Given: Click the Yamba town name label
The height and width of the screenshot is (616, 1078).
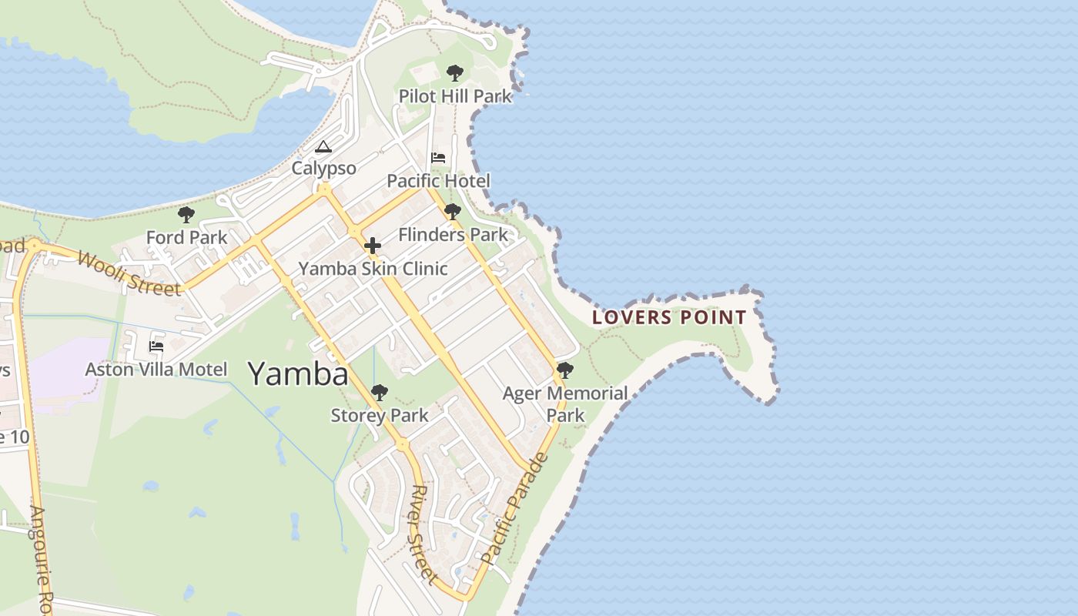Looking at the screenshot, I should (x=298, y=374).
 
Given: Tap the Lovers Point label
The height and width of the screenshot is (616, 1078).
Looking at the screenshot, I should (x=669, y=317).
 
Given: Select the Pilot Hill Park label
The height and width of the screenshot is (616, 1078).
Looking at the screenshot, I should (x=455, y=96).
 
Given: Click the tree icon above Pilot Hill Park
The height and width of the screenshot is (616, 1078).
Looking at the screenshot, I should (x=455, y=73).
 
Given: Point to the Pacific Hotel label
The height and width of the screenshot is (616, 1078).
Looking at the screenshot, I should (x=438, y=181).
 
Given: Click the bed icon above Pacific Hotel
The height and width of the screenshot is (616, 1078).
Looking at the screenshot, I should (x=438, y=158).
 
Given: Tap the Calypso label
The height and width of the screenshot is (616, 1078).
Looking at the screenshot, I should (x=323, y=168).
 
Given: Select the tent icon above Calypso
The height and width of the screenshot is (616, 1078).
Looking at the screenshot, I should (x=323, y=146).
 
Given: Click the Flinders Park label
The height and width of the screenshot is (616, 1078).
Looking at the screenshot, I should (x=453, y=234).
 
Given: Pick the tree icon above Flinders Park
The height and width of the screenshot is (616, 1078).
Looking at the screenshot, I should (x=453, y=212).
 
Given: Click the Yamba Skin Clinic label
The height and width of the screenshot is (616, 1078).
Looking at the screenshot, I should (x=373, y=269).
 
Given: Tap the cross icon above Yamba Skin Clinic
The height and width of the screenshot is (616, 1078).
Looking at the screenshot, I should (x=373, y=246).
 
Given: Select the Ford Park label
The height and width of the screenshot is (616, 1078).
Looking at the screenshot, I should (x=186, y=237).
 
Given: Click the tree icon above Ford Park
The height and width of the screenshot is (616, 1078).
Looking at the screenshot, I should (x=186, y=215).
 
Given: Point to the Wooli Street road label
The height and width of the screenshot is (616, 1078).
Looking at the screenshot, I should (x=129, y=273).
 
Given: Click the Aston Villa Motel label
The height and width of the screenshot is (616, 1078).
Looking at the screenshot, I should (x=156, y=370).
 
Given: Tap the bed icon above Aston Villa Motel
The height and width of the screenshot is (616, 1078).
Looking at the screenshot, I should (x=156, y=346).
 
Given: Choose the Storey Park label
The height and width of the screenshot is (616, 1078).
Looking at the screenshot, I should (x=379, y=416).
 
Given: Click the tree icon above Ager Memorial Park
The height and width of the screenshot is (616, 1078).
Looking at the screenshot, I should (x=565, y=370).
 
